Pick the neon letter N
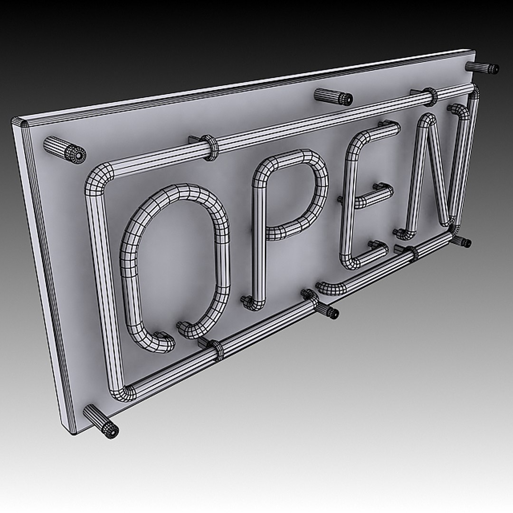pos(418,180)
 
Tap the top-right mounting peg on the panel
pos(482,67)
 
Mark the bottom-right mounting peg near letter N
pos(461,241)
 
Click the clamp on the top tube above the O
pos(210,147)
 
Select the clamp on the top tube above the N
pos(430,96)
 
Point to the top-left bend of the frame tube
pos(98,178)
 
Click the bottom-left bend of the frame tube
pos(121,392)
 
